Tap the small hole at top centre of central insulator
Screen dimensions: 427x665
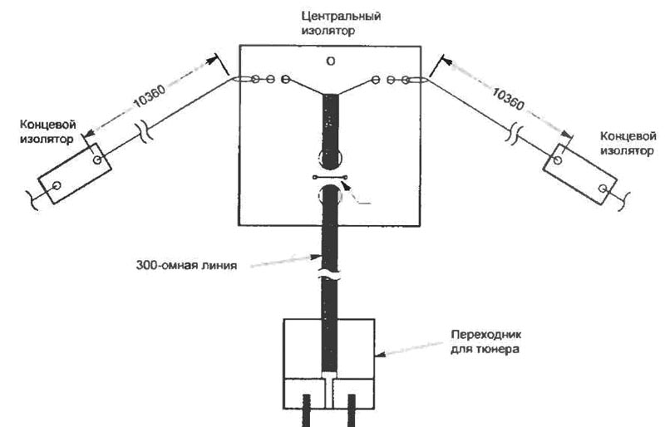pos(331,60)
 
